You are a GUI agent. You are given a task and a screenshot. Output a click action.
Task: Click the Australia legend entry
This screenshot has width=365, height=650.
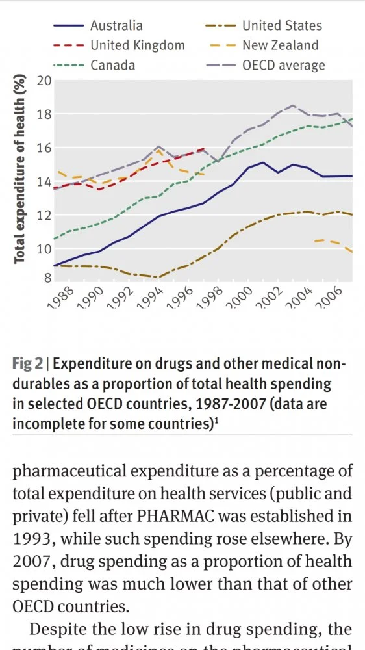coord(116,26)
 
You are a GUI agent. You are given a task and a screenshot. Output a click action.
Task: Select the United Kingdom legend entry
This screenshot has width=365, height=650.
coord(137,45)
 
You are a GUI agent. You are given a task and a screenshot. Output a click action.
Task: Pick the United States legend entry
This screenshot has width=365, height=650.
coord(282,26)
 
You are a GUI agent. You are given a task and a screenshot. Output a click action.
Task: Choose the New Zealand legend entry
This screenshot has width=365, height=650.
coord(280,45)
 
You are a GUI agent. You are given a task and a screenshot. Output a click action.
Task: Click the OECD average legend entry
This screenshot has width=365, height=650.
coord(283,65)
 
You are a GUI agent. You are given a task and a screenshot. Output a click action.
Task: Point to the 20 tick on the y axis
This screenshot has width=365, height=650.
coord(44,81)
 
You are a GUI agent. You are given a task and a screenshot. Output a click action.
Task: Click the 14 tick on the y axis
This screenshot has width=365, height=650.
coord(44,181)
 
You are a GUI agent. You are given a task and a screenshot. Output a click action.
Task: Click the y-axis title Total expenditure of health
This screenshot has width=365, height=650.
coord(20,169)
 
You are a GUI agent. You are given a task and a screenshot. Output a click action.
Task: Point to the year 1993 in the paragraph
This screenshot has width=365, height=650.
coord(31,539)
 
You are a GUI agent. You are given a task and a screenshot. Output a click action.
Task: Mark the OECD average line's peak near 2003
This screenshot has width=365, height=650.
coord(294,105)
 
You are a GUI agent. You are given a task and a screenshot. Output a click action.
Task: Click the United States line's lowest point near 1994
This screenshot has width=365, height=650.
coord(157,278)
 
